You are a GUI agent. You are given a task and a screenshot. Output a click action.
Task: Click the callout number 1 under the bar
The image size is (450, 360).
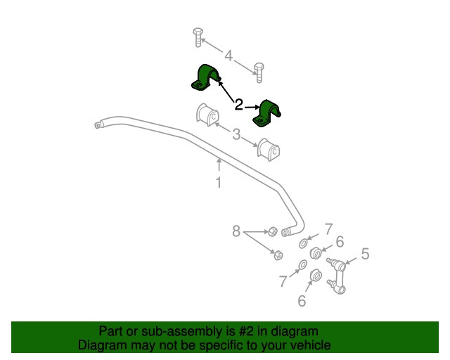(219, 183)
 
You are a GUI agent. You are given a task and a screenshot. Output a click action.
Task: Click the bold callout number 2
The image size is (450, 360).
(239, 105)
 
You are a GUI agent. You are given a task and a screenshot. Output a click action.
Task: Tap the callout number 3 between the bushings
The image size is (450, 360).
(236, 134)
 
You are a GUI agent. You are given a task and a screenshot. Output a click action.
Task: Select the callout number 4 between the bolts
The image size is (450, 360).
(229, 56)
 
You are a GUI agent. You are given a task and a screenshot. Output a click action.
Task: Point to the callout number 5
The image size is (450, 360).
(365, 254)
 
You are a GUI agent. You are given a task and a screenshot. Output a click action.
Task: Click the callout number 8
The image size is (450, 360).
(236, 231)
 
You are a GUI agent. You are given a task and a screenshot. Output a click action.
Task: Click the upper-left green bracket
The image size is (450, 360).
(206, 77)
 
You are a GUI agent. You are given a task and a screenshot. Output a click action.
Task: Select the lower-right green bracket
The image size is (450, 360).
(266, 113)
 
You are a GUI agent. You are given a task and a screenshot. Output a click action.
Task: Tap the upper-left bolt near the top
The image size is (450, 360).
(198, 37)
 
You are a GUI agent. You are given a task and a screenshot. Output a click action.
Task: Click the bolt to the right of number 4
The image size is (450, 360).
(259, 73)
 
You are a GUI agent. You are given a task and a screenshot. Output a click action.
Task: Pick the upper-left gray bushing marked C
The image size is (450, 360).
(207, 115)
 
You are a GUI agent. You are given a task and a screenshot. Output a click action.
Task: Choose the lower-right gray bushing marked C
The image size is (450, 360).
(269, 150)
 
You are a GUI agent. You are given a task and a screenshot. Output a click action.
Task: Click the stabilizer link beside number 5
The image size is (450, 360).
(337, 276)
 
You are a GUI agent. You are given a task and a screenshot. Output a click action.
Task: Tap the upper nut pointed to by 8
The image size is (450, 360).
(273, 231)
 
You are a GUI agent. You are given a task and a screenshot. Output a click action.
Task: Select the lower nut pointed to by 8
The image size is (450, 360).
(278, 255)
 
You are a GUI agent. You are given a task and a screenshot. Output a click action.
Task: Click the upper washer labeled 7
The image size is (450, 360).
(303, 243)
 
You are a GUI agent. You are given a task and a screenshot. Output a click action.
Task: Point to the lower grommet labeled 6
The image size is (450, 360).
(316, 276)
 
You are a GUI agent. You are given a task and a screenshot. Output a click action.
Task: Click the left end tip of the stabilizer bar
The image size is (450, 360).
(96, 125)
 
